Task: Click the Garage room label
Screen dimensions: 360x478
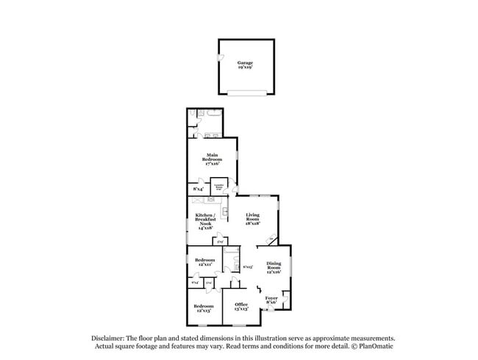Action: point(245,65)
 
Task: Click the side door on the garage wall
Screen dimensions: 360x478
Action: point(218,60)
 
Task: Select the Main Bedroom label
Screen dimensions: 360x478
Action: point(212,159)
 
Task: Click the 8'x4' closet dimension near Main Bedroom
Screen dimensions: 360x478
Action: point(198,190)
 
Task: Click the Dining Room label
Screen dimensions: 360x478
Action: point(274,267)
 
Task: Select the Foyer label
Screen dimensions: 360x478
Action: point(271,300)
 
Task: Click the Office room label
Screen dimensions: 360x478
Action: point(241,306)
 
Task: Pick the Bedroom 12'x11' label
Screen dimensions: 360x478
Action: point(204,262)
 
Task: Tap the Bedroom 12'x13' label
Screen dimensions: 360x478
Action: point(203,308)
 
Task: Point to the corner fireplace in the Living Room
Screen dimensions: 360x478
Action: point(272,239)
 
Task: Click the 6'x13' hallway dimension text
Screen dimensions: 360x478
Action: point(248,267)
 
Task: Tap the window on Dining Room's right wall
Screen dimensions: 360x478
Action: point(292,265)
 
